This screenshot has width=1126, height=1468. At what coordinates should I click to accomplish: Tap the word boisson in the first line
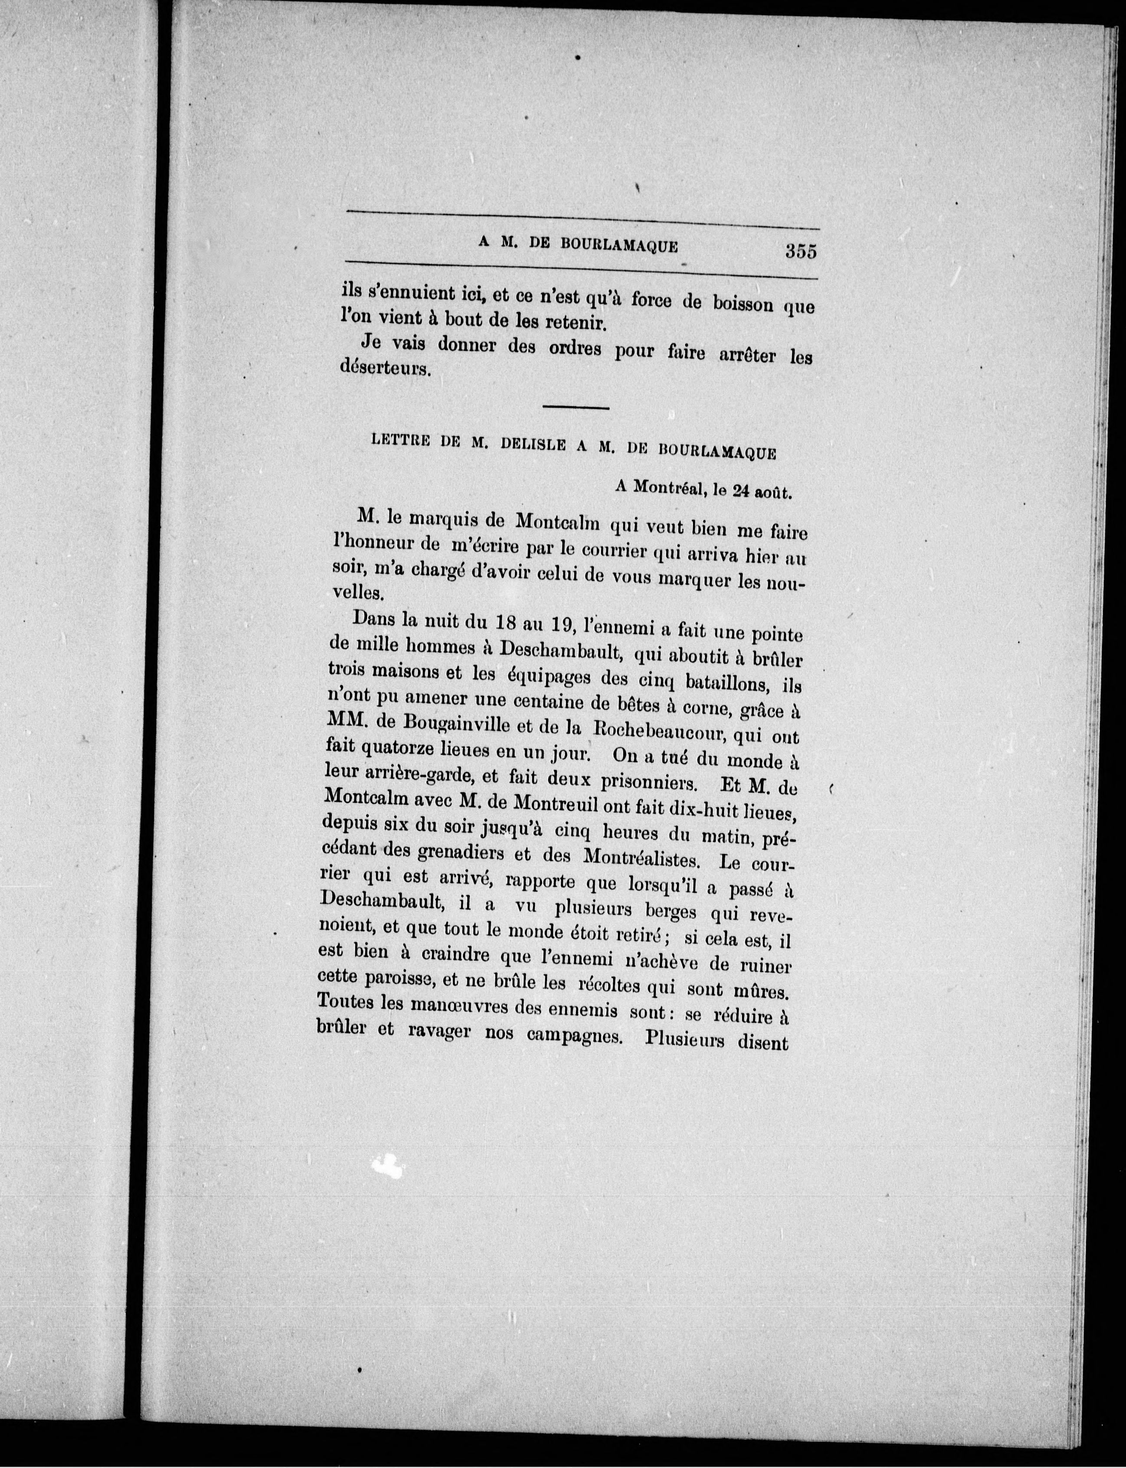pos(732,303)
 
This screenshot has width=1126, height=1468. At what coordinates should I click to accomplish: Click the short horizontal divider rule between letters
pos(576,407)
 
